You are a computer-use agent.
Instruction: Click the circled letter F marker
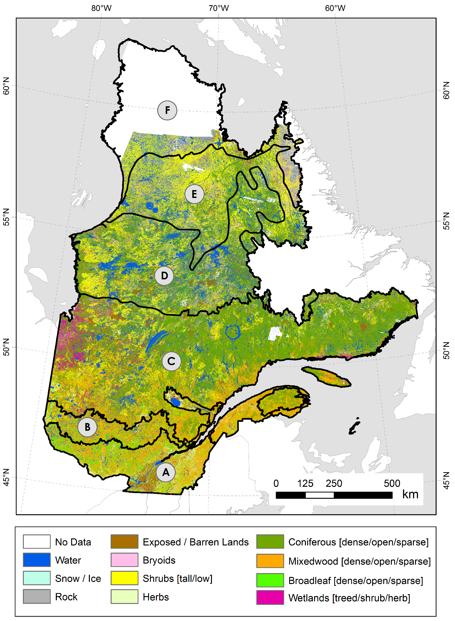coord(167,110)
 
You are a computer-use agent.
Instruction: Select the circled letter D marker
coord(164,275)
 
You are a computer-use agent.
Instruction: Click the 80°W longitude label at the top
coord(101,8)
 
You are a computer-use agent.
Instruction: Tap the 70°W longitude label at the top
coord(219,8)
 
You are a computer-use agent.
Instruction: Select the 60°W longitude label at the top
coord(335,8)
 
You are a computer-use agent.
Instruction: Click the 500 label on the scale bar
coord(392,483)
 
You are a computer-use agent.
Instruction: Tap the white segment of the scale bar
coord(319,495)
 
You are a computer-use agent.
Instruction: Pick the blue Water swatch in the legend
coord(37,560)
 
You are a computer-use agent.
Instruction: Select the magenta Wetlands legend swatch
coord(270,598)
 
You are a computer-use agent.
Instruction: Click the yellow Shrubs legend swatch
coord(124,578)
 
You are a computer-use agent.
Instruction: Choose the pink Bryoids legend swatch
coord(124,560)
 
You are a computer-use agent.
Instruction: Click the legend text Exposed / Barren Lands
coord(196,542)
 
